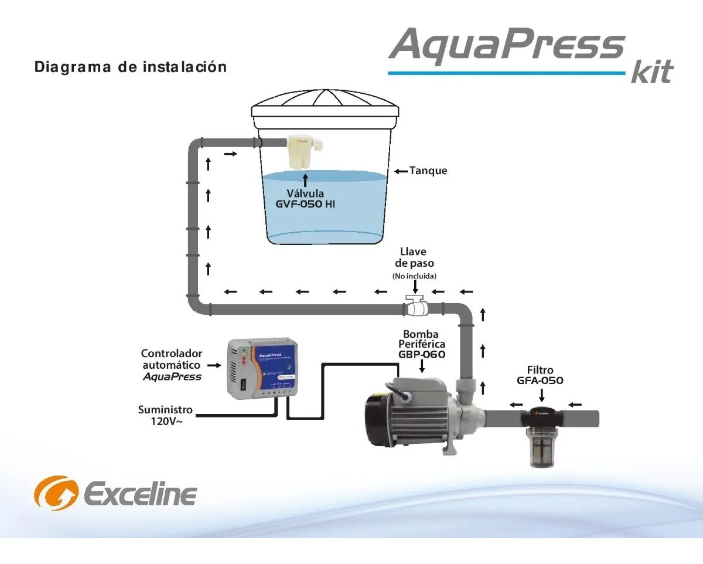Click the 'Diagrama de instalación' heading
(131, 67)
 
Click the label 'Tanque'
(428, 171)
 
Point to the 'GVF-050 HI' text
(305, 205)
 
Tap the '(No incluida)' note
(414, 276)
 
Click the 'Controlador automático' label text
(172, 359)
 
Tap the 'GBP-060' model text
(422, 355)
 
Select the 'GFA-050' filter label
(540, 380)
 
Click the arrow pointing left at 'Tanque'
(401, 171)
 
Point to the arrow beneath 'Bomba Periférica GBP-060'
(422, 366)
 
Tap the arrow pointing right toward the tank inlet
(231, 154)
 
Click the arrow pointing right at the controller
(214, 365)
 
